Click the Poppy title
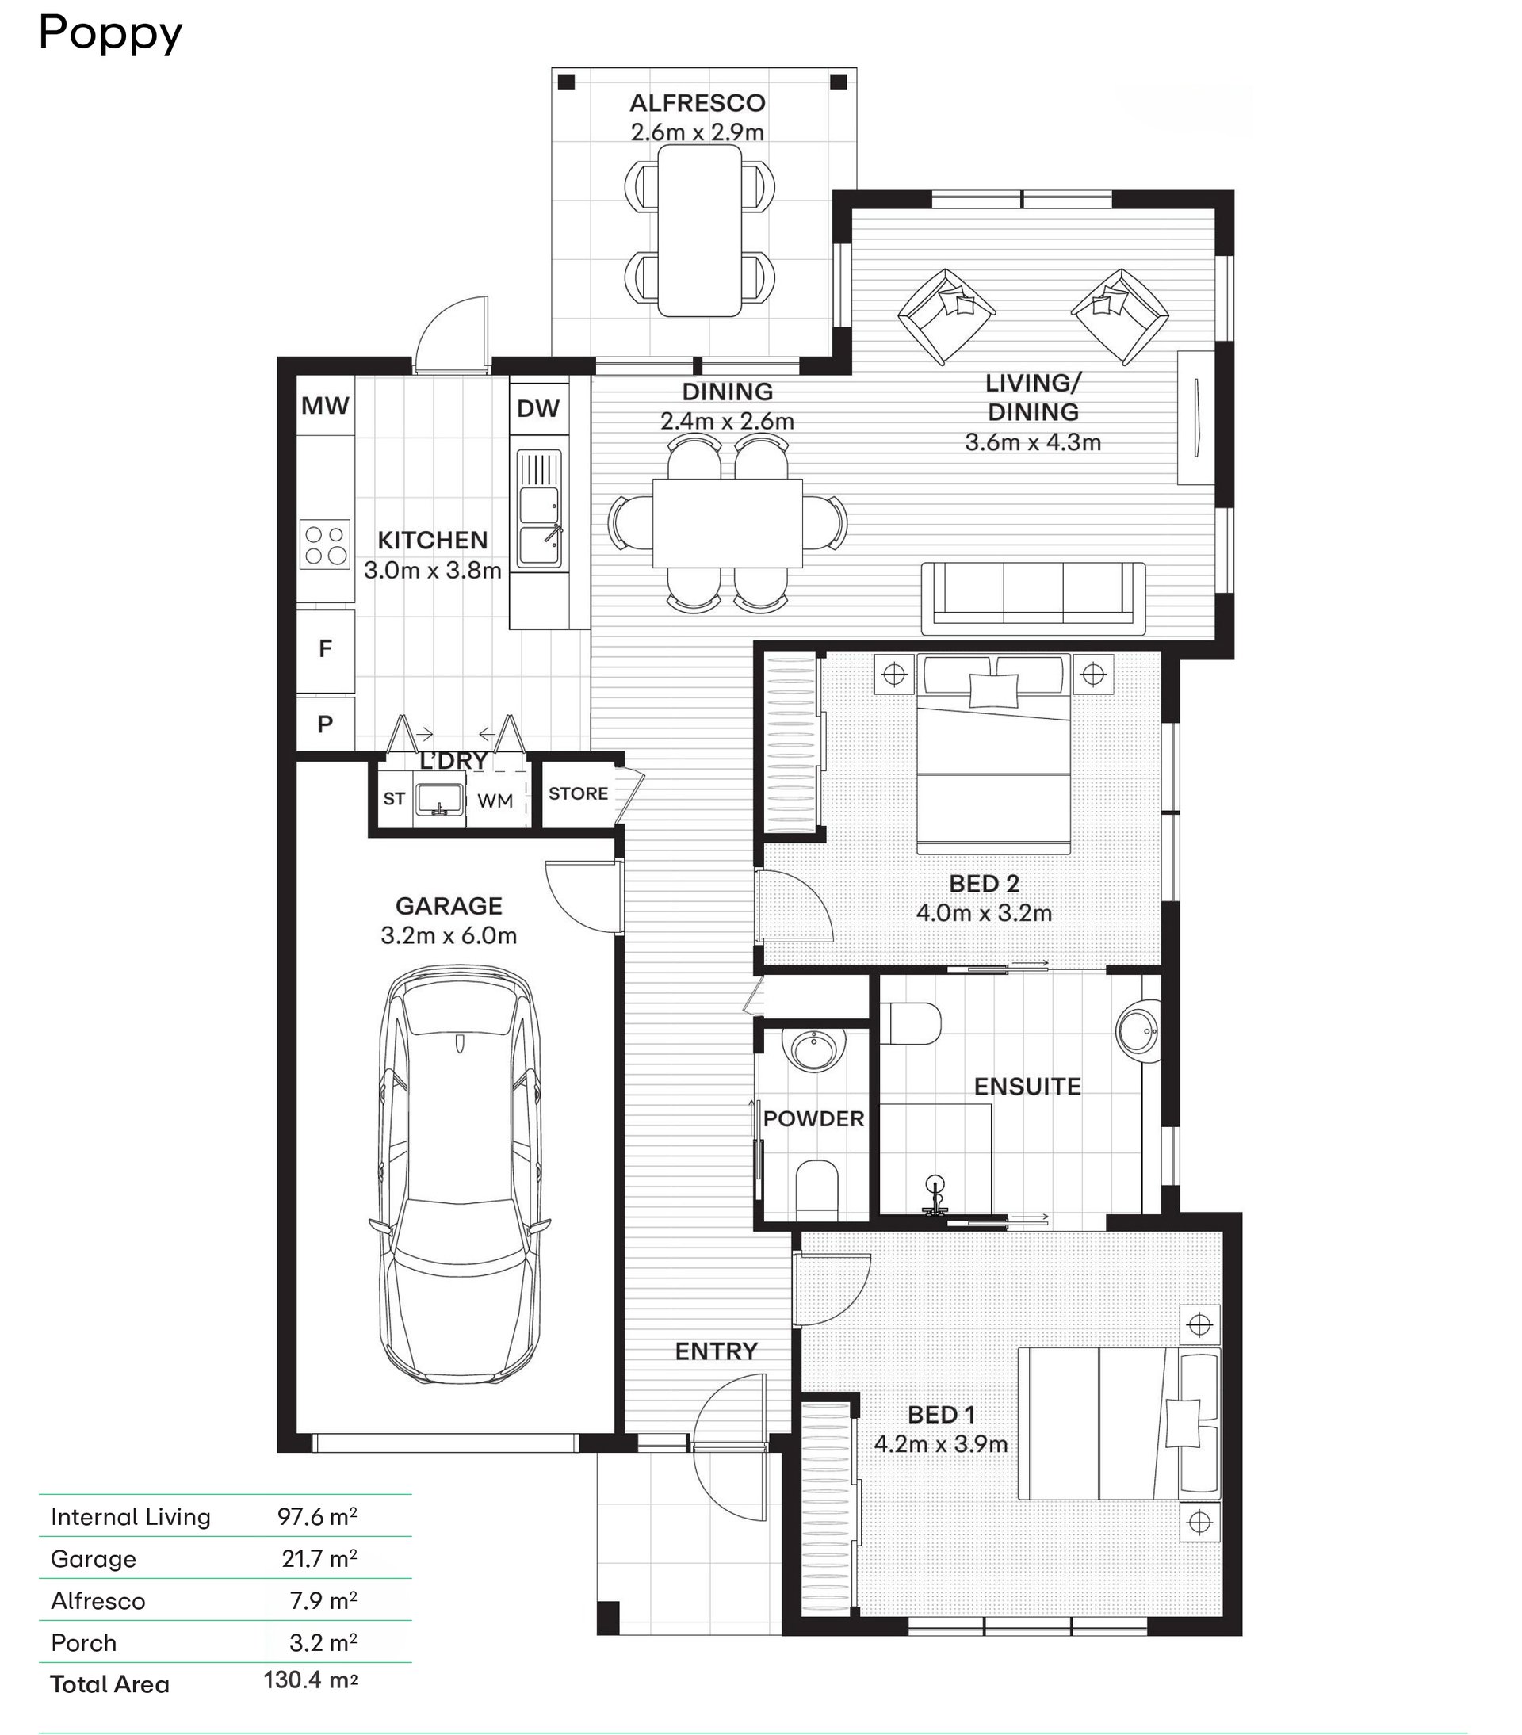(x=110, y=35)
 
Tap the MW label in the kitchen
(x=325, y=406)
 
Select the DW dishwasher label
(x=538, y=408)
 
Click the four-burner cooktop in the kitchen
(x=325, y=544)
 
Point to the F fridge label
(x=325, y=648)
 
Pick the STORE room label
(x=578, y=793)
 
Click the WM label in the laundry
(x=495, y=801)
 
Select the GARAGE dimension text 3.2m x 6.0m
(x=449, y=935)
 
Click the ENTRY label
(x=717, y=1351)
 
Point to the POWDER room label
(x=813, y=1118)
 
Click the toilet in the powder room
(x=817, y=1189)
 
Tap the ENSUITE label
(x=1027, y=1087)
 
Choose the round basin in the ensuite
(x=1138, y=1030)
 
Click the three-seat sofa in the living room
(x=1033, y=598)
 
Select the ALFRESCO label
(x=698, y=103)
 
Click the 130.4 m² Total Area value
(x=311, y=1680)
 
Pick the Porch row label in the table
(x=83, y=1642)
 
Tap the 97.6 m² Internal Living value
(x=317, y=1516)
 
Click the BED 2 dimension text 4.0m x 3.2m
(x=984, y=913)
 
